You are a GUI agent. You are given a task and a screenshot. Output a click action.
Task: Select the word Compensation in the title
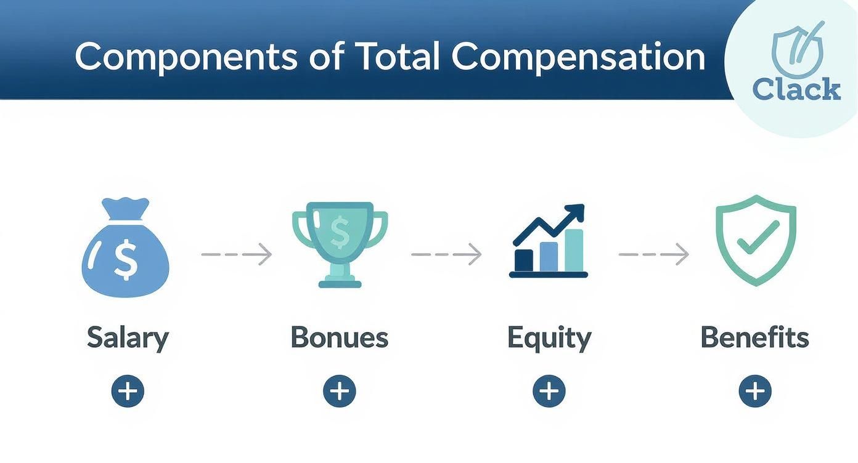coord(578,57)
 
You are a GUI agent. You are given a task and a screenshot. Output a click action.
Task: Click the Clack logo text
coord(796,89)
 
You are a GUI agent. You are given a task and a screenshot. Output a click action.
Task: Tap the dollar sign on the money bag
coord(126,259)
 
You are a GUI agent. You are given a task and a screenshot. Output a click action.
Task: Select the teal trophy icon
coord(339,244)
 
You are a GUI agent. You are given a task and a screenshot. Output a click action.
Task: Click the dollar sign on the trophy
coord(339,231)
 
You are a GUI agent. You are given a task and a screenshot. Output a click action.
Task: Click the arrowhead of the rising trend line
coord(576,212)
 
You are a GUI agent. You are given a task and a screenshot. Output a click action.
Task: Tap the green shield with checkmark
coord(755,240)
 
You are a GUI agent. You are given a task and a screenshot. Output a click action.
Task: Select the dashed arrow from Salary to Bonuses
coord(237,254)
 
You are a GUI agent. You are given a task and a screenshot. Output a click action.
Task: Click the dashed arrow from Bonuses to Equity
coord(446,254)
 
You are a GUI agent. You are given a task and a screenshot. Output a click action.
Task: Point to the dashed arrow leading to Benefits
coord(653,254)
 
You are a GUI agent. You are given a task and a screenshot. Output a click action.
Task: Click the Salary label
coord(128,338)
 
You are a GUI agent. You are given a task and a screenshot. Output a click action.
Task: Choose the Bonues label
coord(339,338)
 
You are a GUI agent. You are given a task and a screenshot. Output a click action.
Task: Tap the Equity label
coord(549,338)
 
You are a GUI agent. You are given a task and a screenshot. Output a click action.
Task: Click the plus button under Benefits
coord(755,391)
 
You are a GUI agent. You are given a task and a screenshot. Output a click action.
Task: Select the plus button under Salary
coord(128,391)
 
